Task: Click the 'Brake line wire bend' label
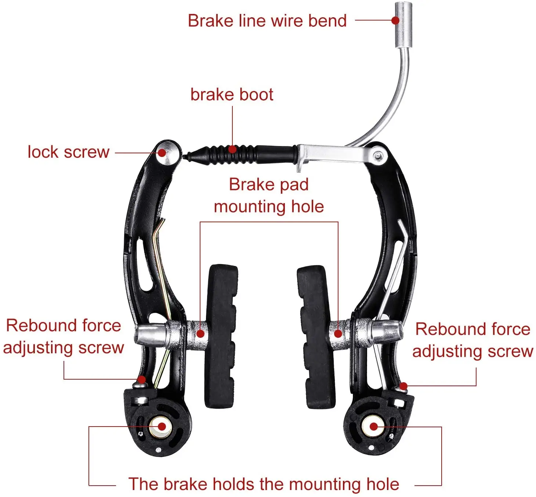pyautogui.click(x=267, y=21)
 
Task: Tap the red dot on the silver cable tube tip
pyautogui.click(x=395, y=20)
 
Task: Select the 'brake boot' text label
pyautogui.click(x=232, y=95)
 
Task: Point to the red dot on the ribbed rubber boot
pyautogui.click(x=232, y=149)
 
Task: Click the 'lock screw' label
pyautogui.click(x=69, y=152)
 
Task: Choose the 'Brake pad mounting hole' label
pyautogui.click(x=269, y=195)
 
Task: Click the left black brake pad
pyautogui.click(x=220, y=336)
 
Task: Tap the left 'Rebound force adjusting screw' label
pyautogui.click(x=63, y=336)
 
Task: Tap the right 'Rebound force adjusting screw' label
pyautogui.click(x=472, y=340)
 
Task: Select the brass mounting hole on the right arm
pyautogui.click(x=372, y=427)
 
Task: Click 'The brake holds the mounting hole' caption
pyautogui.click(x=264, y=484)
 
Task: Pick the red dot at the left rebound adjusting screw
pyautogui.click(x=141, y=379)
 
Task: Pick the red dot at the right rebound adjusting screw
pyautogui.click(x=403, y=386)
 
